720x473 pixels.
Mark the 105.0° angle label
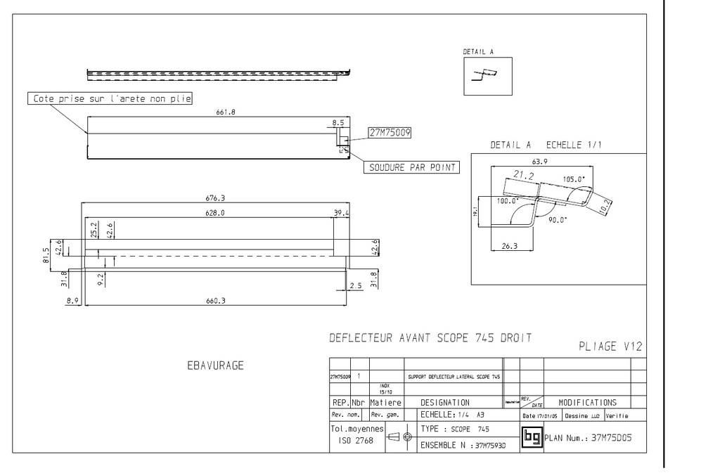574,179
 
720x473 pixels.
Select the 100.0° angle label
506,201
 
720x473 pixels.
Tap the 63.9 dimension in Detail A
539,162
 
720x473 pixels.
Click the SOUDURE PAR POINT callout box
411,167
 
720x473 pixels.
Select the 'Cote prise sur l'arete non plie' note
112,99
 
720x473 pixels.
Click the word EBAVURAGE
215,365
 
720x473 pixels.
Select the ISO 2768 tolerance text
356,440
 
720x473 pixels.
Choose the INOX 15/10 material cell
386,389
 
